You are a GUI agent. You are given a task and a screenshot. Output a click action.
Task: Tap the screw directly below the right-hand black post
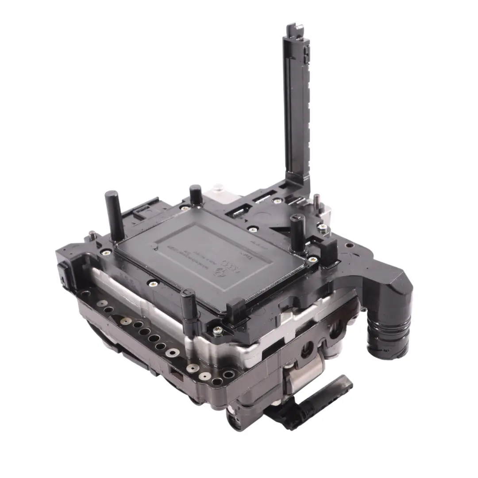tap(313, 259)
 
